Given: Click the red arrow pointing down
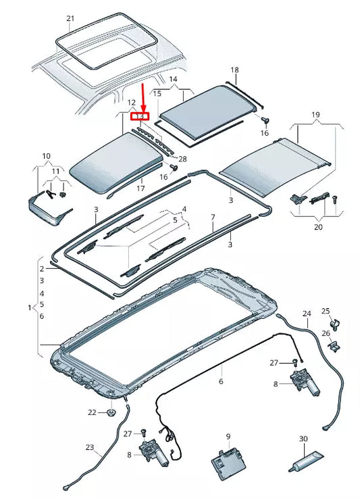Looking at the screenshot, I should coord(143,99).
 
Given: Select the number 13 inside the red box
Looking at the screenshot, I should coord(140,116).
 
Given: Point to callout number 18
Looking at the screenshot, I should coord(235,70).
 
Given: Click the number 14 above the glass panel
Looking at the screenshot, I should coord(173,80).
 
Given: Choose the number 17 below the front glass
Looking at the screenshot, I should coord(141,188).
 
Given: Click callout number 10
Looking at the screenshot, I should coord(46,157).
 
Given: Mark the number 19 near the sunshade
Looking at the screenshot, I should coord(315,116).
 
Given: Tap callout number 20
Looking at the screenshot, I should coord(317,227).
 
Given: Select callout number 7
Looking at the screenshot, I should coord(212,217).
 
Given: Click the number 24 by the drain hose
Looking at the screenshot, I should coord(307,314).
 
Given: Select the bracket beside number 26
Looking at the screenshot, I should coord(336,346).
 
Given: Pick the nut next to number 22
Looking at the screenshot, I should coord(110,412).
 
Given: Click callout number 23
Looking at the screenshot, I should coord(90,447).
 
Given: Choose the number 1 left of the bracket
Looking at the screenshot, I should coord(29,307).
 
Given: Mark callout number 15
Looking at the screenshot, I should coord(157,93).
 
